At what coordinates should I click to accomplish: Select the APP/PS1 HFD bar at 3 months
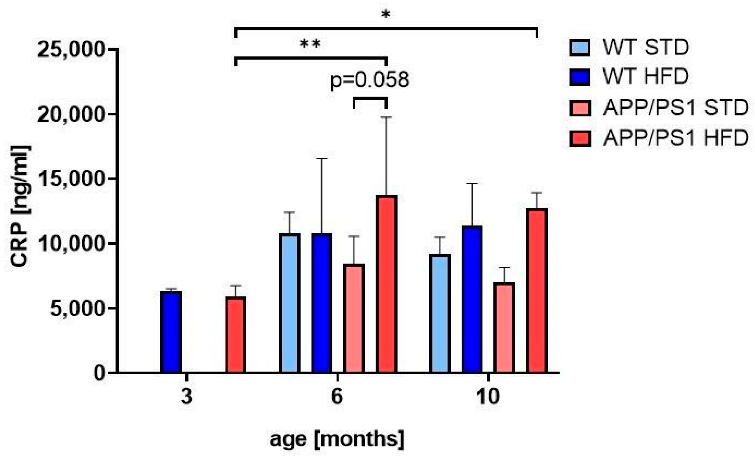point(236,334)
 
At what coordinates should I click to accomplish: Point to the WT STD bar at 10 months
point(439,313)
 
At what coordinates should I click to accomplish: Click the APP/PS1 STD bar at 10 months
point(504,327)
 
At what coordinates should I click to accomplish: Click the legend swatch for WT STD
point(580,48)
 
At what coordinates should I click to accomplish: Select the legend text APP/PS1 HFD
point(676,138)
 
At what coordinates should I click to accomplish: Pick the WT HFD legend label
point(646,77)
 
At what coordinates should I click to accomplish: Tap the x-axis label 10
point(488,397)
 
